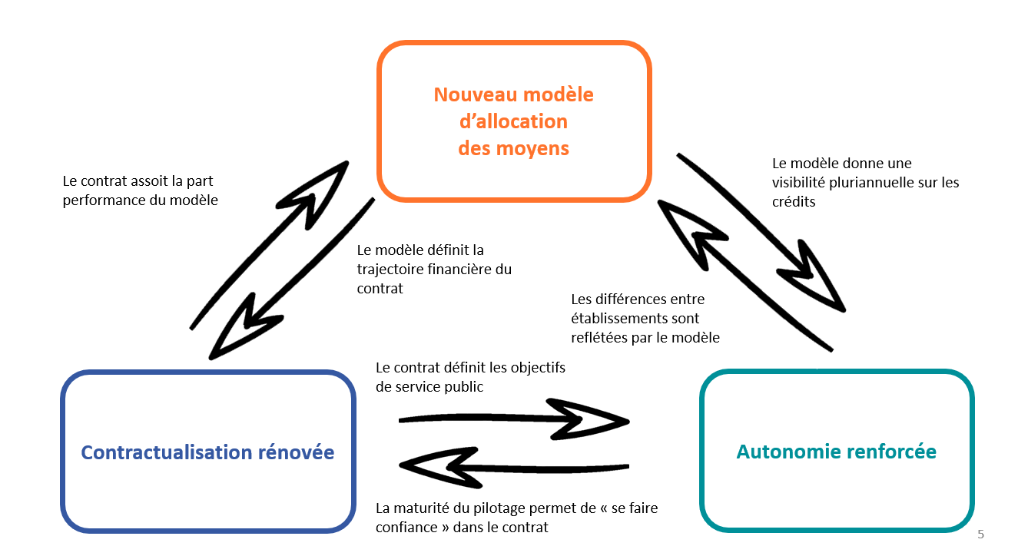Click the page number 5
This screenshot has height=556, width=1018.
[980, 534]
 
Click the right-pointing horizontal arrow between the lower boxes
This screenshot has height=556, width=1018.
[515, 419]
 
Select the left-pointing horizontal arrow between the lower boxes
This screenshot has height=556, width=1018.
[515, 465]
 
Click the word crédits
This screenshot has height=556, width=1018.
[794, 201]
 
